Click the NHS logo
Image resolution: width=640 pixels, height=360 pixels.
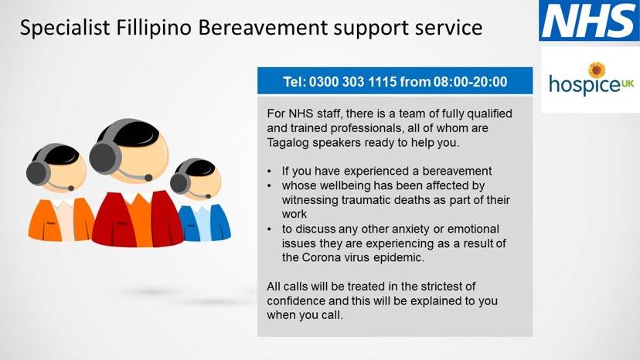point(590,20)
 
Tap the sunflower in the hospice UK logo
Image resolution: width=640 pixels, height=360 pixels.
point(597,70)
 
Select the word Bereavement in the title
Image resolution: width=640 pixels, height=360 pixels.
point(263,28)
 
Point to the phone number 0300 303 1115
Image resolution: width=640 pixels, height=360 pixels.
point(352,82)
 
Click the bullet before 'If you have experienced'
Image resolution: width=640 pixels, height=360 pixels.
point(270,172)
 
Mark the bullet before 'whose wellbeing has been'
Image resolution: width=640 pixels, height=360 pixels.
point(270,186)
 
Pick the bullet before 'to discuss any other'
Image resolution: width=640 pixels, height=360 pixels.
point(270,229)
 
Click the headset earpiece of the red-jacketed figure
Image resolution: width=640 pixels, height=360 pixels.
point(105,158)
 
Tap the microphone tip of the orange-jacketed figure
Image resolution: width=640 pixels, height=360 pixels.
point(71,188)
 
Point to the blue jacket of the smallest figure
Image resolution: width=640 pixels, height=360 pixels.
point(204,222)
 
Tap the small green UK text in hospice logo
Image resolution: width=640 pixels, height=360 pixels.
point(628,83)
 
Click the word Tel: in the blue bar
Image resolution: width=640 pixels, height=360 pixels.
point(294,82)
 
